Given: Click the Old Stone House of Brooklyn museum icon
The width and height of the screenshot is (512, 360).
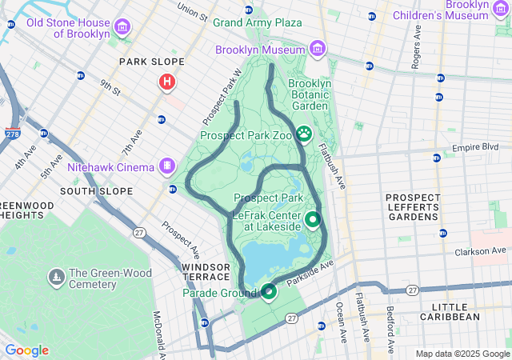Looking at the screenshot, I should tap(122, 28).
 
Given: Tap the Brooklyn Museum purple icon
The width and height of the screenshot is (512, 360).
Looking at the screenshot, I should tap(317, 49).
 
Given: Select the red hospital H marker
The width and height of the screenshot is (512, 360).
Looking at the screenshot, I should tap(167, 81).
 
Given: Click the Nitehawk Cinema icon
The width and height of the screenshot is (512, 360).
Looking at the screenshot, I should tap(167, 166).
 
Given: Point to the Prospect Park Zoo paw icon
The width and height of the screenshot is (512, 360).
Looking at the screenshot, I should tap(304, 134).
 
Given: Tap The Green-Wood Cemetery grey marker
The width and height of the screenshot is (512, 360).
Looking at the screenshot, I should tap(57, 278).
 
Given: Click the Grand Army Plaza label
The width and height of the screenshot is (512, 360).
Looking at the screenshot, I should tap(257, 22).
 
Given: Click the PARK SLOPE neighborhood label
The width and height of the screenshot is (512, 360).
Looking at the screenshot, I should tap(152, 62).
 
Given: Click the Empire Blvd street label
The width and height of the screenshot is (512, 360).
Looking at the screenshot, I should tap(475, 147).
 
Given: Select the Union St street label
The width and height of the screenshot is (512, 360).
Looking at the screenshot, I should tap(192, 11).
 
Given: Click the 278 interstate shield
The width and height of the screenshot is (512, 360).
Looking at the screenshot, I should tap(12, 134).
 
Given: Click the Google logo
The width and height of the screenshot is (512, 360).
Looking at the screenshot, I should tap(26, 350).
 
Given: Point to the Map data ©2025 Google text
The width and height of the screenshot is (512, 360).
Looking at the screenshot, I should tap(462, 354).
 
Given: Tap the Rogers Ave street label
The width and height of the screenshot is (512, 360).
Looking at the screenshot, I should tap(416, 50).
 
